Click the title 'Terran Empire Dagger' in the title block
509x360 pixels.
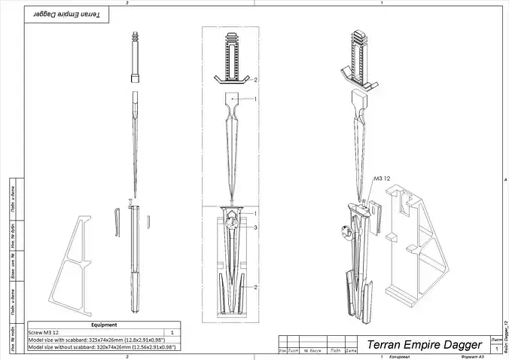click(423, 344)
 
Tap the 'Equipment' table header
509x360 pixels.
click(103, 325)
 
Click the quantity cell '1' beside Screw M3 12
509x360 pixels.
click(172, 331)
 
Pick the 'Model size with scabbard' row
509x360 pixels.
click(102, 339)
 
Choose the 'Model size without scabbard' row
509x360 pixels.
click(102, 346)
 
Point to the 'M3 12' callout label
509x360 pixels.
click(382, 179)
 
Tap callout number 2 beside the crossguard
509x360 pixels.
click(255, 79)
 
